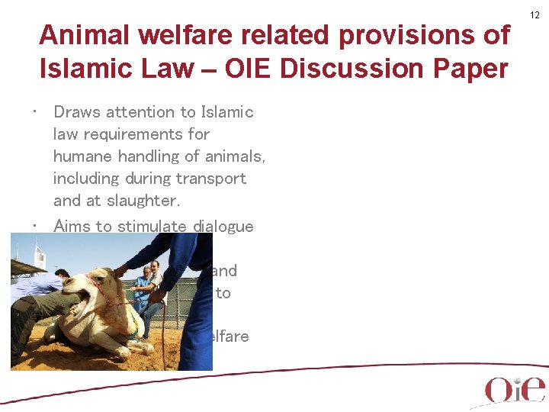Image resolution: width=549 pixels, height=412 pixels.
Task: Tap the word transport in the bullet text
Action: [x=214, y=179]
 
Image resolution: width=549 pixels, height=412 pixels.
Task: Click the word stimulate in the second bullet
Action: [x=152, y=226]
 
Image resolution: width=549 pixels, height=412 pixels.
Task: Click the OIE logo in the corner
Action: [x=515, y=389]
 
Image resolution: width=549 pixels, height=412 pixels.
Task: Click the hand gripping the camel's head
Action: [x=120, y=271]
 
